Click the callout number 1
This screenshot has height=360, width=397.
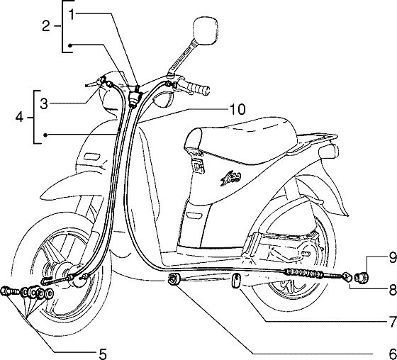tap(72, 14)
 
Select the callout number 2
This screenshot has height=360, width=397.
tap(46, 26)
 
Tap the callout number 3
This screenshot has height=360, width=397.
tap(44, 103)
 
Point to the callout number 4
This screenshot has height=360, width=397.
tap(20, 118)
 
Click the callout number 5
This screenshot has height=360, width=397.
tap(103, 354)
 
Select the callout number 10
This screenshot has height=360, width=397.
tap(237, 109)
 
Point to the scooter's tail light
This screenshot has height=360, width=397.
tap(329, 152)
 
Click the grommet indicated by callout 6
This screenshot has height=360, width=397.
tap(174, 279)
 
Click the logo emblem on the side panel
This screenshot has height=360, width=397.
tap(230, 179)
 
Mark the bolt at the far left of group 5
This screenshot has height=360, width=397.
tap(7, 291)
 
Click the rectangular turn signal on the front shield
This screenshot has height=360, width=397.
tap(92, 157)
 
